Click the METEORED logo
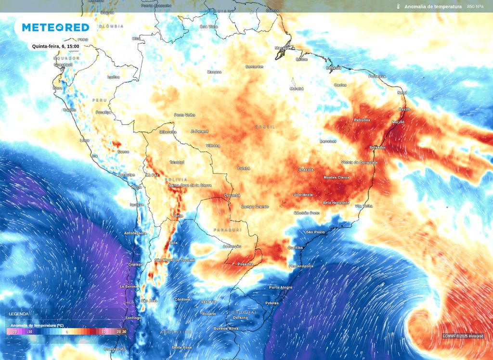55,27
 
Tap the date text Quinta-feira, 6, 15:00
55,46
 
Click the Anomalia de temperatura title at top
433,7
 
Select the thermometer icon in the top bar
399,7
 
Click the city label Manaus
214,72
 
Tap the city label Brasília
306,169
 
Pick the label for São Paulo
315,232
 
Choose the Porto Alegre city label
281,287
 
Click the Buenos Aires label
226,328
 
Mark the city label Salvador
377,147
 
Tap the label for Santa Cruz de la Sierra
190,185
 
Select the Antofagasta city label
135,233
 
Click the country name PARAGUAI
228,230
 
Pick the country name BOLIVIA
176,180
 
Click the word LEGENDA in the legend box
19,314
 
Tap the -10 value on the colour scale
30,332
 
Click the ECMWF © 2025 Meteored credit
463,336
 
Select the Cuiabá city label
244,168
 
